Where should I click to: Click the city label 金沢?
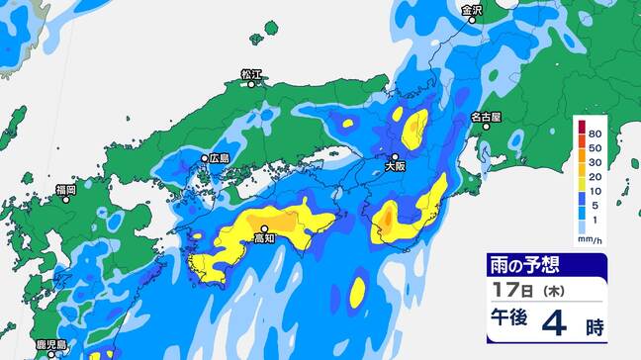coord(472,10)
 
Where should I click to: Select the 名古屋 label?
coord(486,116)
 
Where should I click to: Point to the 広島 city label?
coord(219,157)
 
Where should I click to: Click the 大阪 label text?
coord(395,167)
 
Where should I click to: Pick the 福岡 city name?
coord(66,188)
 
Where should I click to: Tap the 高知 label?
coord(264,238)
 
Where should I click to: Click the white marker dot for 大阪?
coord(395,156)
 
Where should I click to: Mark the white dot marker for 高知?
coord(264,228)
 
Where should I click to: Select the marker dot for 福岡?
coord(66,199)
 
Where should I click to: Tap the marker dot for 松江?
coord(251,84)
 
